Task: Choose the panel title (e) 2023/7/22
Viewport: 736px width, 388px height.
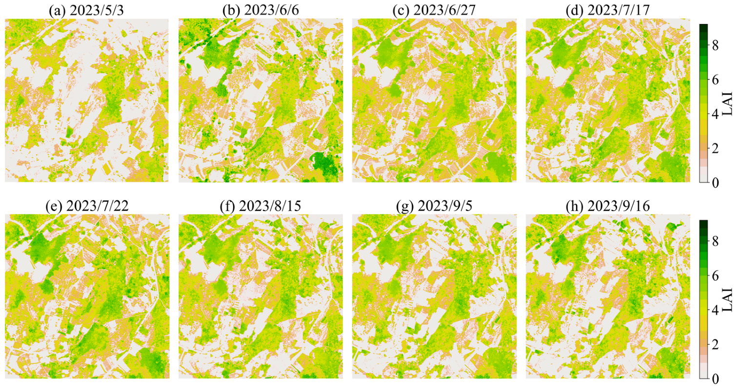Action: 86,207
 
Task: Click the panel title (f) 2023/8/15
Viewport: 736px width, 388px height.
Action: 260,207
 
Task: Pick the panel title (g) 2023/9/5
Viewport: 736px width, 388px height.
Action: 434,207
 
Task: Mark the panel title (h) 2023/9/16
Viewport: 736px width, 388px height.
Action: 607,207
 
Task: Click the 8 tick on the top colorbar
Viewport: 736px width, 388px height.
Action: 715,45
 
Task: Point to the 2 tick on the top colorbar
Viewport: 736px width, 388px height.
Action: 715,148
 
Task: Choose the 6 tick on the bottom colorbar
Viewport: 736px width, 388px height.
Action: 715,275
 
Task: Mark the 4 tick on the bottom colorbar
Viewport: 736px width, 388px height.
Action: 715,310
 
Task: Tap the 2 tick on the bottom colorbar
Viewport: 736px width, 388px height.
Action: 715,344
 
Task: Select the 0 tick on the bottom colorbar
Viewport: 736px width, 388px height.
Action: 715,379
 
